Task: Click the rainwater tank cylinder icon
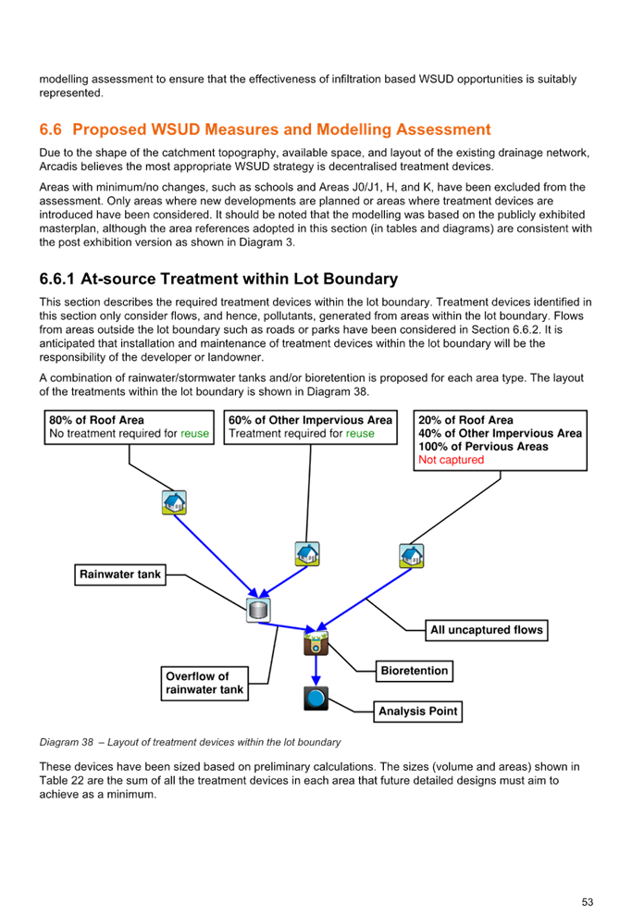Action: (x=258, y=611)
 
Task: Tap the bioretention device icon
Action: (x=316, y=643)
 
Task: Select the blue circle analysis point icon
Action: (x=316, y=698)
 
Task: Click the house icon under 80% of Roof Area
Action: (x=174, y=502)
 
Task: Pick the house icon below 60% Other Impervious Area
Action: (x=307, y=554)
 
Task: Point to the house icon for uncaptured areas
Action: (x=412, y=555)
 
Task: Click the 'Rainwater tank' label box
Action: (x=120, y=575)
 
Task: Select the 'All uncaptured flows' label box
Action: (x=487, y=630)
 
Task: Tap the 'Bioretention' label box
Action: (x=415, y=671)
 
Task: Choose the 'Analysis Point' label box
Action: (x=418, y=711)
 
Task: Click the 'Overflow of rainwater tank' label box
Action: (x=204, y=684)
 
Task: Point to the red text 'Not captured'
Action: (x=451, y=460)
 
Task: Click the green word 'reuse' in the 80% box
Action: (x=194, y=434)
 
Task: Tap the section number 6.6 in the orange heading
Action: (x=50, y=130)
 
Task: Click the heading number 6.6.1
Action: (x=56, y=278)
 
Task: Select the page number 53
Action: (x=587, y=902)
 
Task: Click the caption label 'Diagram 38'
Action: (x=66, y=742)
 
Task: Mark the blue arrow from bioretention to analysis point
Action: (x=316, y=671)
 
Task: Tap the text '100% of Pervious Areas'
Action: (x=483, y=447)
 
